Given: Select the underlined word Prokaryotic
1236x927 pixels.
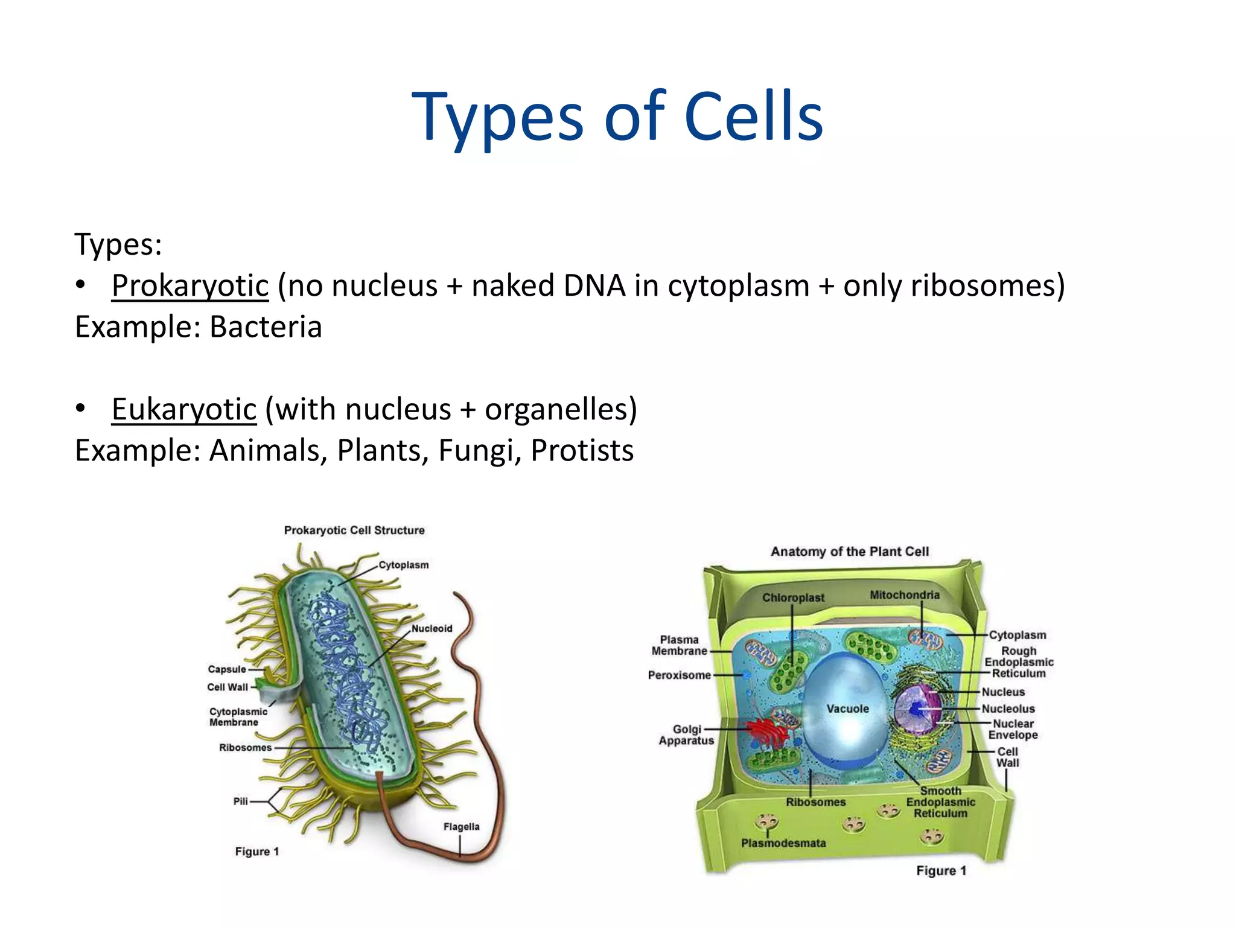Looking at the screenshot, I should click(x=190, y=285).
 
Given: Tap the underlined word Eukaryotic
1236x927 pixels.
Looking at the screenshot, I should click(x=184, y=409).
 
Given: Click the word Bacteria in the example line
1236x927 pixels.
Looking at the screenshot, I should click(x=266, y=327).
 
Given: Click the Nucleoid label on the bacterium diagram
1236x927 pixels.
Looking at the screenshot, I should click(x=432, y=628).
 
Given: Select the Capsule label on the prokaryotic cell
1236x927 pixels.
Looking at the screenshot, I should click(x=227, y=669).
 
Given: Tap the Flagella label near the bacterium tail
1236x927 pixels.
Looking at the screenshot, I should click(x=461, y=826).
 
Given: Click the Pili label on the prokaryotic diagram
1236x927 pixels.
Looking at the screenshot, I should click(x=240, y=801).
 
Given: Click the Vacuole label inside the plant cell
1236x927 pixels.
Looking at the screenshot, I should click(x=847, y=709).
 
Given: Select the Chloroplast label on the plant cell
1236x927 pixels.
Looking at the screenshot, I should click(x=792, y=597).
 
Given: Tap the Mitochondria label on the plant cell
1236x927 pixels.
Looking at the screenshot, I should click(x=904, y=595).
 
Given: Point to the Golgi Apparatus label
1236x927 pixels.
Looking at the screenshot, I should click(x=686, y=734).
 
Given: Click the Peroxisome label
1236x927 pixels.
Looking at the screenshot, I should click(x=679, y=675).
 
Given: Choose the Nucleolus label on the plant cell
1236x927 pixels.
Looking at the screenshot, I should click(x=1008, y=709).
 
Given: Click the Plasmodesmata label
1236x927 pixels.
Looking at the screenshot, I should click(x=783, y=843).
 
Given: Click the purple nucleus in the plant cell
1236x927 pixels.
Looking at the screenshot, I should click(x=917, y=709).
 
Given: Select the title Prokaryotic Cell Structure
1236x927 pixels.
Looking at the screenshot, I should click(x=354, y=530).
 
